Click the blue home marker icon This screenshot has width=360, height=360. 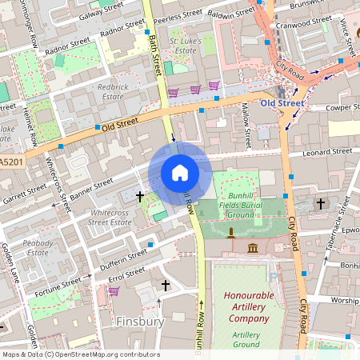click(x=180, y=172)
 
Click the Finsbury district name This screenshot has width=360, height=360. click(x=140, y=322)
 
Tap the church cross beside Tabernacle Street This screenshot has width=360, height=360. click(x=321, y=204)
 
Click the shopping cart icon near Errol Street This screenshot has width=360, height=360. click(x=114, y=291)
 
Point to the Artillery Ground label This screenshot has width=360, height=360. click(x=246, y=339)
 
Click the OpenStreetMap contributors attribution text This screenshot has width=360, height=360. click(x=80, y=354)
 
